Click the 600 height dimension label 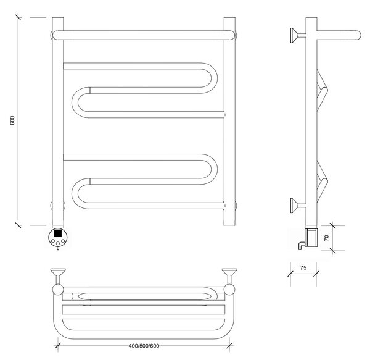click(x=12, y=120)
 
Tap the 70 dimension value click(x=326, y=238)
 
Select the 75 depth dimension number click(x=303, y=267)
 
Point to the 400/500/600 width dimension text click(x=144, y=346)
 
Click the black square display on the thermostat click(x=58, y=233)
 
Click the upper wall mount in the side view click(x=298, y=35)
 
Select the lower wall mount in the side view click(x=298, y=206)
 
